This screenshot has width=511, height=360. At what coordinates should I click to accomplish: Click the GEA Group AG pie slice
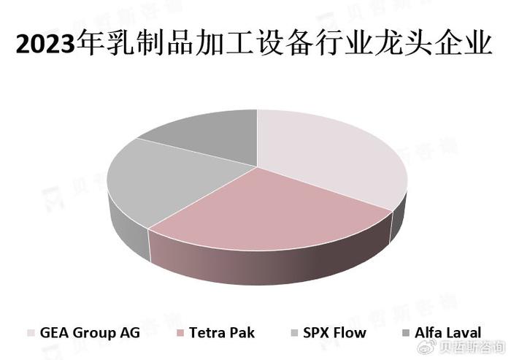coord(329,153)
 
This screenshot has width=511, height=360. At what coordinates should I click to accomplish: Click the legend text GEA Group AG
coord(90,333)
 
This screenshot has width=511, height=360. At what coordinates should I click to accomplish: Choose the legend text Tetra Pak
coord(222,332)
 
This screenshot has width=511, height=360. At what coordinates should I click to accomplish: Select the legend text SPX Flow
coord(334,332)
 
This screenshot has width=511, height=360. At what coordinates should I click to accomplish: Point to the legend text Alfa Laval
coord(447,332)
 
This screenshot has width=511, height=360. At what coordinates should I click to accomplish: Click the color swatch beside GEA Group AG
coord(31,333)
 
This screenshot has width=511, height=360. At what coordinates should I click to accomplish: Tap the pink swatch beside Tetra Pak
coord(180,333)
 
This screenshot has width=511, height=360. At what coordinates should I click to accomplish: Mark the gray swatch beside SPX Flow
coord(294,333)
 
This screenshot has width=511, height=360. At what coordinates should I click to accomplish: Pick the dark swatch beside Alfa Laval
coord(406,333)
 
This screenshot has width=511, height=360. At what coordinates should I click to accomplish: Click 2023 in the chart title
coord(45,44)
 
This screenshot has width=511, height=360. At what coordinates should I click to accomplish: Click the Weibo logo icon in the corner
coord(426,347)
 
